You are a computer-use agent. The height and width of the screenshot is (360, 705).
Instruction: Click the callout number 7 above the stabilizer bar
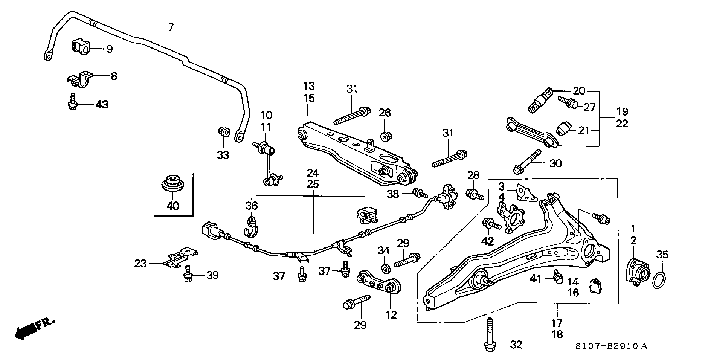pyautogui.click(x=171, y=27)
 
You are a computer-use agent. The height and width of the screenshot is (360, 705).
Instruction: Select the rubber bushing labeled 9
pyautogui.click(x=81, y=46)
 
